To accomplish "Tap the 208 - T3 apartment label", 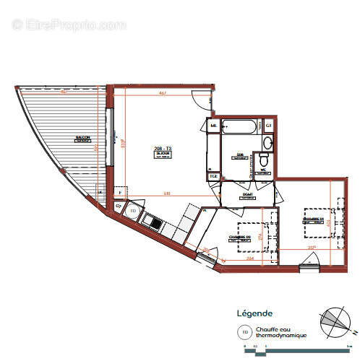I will (x=162, y=149).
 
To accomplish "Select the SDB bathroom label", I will (x=241, y=155).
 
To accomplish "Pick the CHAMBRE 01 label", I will (x=312, y=219).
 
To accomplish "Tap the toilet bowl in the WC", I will (x=265, y=160).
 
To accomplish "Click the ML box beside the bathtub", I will (x=213, y=126).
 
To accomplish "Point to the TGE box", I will (x=213, y=176).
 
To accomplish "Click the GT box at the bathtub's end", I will (x=267, y=126).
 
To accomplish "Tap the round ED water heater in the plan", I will (x=133, y=211).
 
